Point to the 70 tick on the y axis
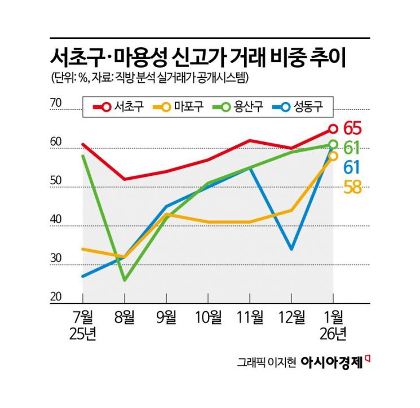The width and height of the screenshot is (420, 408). click(56, 103)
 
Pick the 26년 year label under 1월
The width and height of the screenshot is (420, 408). click(333, 335)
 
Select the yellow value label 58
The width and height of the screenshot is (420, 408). click(352, 187)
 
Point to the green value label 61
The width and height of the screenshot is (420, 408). click(352, 148)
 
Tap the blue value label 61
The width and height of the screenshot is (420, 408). click(352, 167)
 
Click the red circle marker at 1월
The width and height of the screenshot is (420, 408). click(333, 129)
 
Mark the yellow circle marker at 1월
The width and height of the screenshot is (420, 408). click(333, 156)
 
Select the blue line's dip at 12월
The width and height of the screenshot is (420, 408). click(291, 249)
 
